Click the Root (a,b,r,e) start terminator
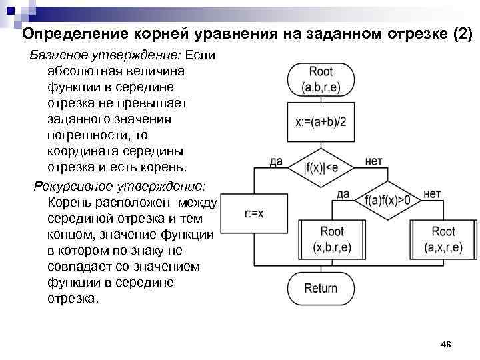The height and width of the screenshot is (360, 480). point(321,79)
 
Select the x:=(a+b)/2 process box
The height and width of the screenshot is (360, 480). point(321,122)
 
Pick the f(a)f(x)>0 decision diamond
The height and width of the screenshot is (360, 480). point(387,200)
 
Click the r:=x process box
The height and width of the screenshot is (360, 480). point(254,213)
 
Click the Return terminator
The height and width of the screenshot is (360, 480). point(321,288)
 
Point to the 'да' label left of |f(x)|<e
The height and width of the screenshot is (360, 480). point(276,161)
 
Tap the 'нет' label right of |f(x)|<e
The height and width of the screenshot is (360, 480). point(374,161)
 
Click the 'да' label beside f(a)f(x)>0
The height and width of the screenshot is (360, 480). point(343,193)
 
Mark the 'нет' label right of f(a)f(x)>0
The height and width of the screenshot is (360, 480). point(432,193)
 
